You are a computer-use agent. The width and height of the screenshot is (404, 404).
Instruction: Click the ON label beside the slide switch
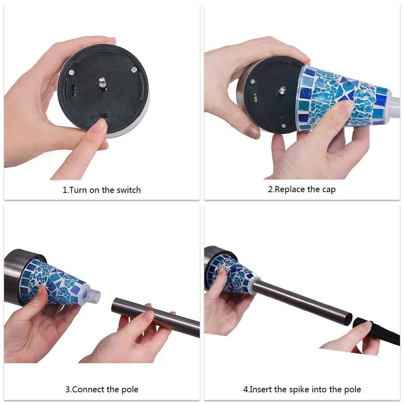tap(94, 116)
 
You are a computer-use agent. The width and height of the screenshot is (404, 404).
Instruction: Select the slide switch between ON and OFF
tap(104, 116)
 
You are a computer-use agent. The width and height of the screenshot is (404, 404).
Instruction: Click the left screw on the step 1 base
tap(71, 73)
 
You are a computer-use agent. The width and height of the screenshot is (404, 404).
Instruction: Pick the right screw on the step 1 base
tap(133, 69)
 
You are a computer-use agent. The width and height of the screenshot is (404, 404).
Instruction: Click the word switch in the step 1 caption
tap(128, 190)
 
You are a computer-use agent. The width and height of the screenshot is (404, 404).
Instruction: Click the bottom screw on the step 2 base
tap(283, 126)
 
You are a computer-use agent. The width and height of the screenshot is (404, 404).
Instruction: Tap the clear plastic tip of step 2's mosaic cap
tap(395, 109)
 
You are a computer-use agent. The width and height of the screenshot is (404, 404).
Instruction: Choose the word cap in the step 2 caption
tap(329, 189)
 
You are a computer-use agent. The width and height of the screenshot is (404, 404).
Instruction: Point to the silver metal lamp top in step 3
tap(16, 275)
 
